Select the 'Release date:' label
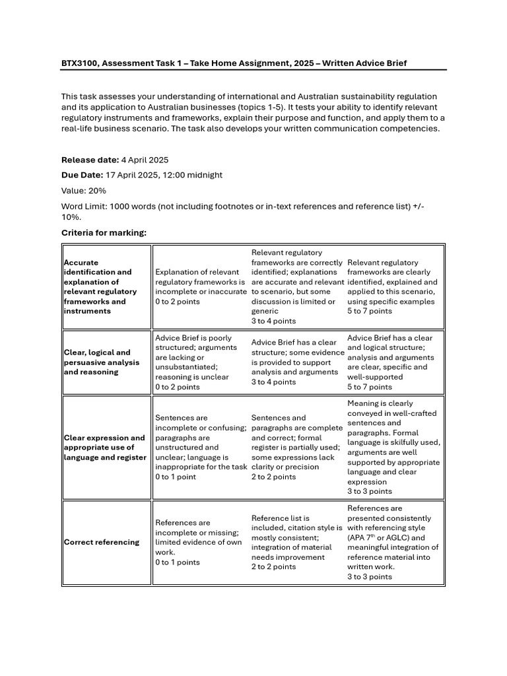(90, 160)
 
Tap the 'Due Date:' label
(82, 175)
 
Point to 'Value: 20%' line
(84, 190)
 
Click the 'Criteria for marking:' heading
(104, 232)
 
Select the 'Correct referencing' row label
(102, 542)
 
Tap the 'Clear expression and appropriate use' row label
(104, 447)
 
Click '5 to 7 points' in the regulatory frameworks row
(370, 311)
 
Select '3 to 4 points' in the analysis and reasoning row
(273, 382)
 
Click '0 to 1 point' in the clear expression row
(176, 477)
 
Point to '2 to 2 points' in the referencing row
(273, 566)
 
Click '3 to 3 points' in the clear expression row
(370, 491)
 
